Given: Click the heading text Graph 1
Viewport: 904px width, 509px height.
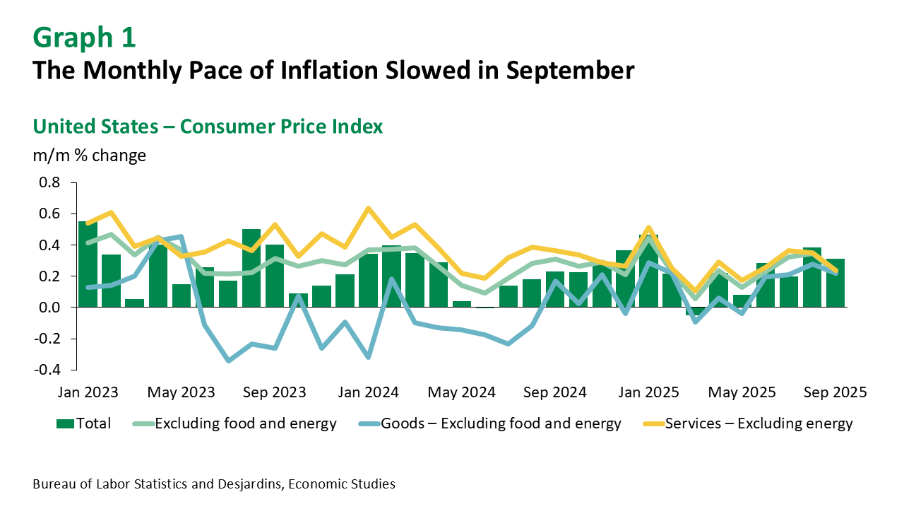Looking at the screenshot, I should coord(84,37).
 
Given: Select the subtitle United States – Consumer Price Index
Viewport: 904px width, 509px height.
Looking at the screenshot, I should coord(208,127).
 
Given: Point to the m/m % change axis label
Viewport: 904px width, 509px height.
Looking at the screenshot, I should coord(90,156).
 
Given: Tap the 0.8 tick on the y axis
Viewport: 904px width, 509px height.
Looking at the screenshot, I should coord(49,183).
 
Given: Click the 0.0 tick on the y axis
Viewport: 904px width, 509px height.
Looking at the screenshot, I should coord(49,308).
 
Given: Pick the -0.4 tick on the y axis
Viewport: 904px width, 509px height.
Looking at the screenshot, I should coord(47,370).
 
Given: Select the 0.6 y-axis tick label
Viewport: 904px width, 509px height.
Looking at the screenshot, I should coord(49,214).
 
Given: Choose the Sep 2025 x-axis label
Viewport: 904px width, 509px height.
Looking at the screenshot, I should coord(836,392).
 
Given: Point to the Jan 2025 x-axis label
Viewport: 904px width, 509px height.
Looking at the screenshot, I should coord(650,392).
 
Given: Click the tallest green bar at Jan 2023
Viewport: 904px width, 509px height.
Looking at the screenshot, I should coord(88,264).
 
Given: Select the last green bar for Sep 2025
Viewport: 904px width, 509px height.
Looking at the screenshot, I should coord(835,283).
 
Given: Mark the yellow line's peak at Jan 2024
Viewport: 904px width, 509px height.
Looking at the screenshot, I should coord(368,209).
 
